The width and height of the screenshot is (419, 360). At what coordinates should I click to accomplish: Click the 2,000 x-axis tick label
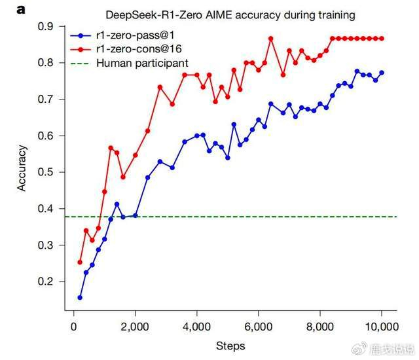coord(136,325)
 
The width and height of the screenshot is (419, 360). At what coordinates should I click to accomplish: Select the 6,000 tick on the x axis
coord(259,325)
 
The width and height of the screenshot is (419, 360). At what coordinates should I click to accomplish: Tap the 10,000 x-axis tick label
coord(381,325)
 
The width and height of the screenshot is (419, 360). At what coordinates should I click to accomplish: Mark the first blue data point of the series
coord(80,297)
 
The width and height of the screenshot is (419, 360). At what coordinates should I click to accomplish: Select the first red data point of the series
coord(80,262)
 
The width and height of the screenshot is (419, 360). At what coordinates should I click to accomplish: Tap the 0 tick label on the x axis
coord(74,325)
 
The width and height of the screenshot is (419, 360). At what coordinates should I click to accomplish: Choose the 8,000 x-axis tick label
coord(320,325)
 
